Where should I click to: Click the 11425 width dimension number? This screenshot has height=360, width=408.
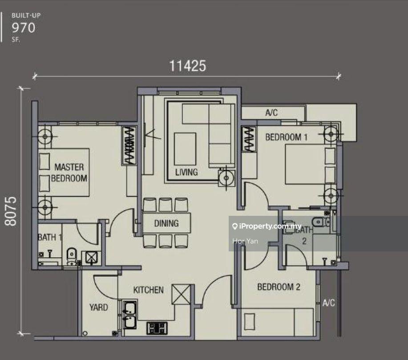pos(187,66)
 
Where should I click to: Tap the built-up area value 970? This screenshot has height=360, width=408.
pos(24,28)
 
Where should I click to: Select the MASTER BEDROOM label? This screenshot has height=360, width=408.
pos(69,173)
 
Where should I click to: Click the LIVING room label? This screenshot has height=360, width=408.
pos(186,172)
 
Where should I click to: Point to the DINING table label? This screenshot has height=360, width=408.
pos(166,223)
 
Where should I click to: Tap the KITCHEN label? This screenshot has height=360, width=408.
pos(149,290)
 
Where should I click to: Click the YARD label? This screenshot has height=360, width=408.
pos(98,307)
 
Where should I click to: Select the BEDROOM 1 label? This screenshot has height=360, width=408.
pos(286,137)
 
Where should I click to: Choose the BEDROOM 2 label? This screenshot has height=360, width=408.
pos(279,287)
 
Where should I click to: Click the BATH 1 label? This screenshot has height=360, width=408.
pos(49,237)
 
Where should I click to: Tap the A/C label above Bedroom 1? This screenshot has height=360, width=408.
pos(271,113)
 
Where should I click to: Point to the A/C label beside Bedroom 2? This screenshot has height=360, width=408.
pos(329,303)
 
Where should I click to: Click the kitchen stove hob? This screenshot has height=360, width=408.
pos(157,328)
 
